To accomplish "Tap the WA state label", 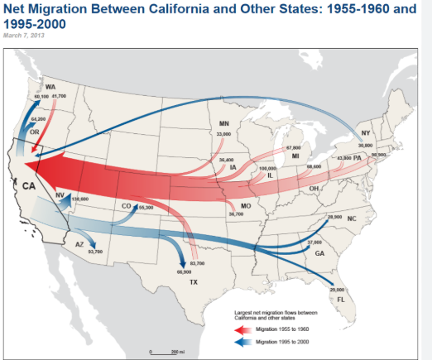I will pyautogui.click(x=50, y=87).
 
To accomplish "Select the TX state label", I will pyautogui.click(x=194, y=282).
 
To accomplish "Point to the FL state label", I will pyautogui.click(x=340, y=299).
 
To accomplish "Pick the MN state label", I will pyautogui.click(x=223, y=123).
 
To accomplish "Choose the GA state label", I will pyautogui.click(x=319, y=253).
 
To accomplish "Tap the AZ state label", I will pyautogui.click(x=79, y=244).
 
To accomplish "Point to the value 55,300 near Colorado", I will pyautogui.click(x=146, y=207).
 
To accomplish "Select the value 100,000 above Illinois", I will pyautogui.click(x=267, y=168).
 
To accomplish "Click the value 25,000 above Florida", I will pyautogui.click(x=337, y=289).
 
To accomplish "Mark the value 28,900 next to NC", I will pyautogui.click(x=334, y=217).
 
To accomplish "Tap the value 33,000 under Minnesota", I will pyautogui.click(x=223, y=134).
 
